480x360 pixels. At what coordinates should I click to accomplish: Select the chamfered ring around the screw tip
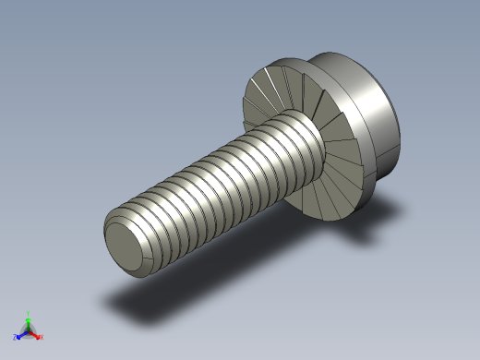tap(112, 228)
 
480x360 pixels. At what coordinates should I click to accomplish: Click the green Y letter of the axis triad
tap(28, 314)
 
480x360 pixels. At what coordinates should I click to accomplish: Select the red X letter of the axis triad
tap(41, 337)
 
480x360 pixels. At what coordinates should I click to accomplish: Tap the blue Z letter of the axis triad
tap(16, 337)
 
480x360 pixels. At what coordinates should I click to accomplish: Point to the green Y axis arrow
tap(28, 321)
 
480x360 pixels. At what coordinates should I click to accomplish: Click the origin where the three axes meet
tap(28, 330)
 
